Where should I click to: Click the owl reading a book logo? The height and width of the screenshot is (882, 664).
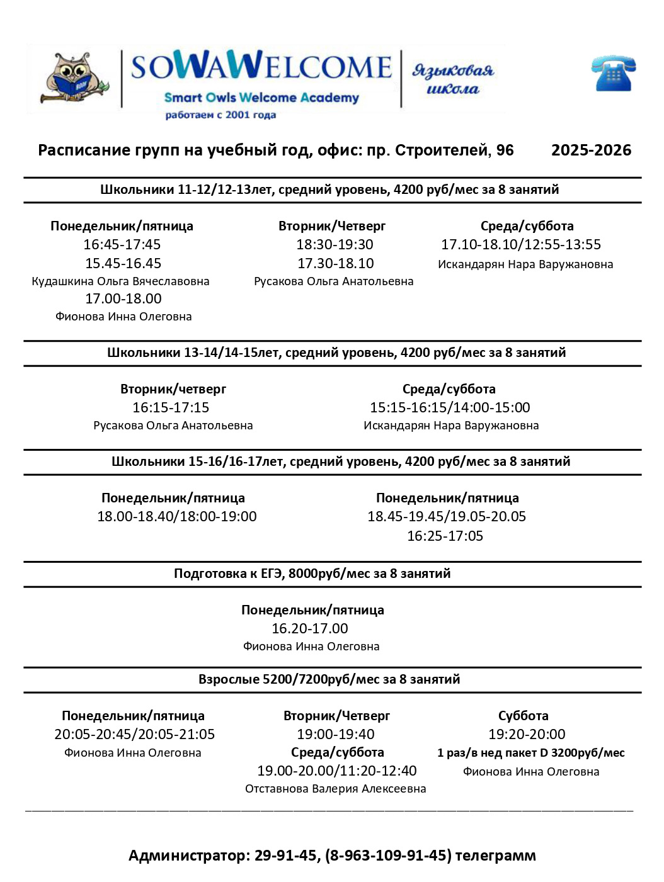point(75,79)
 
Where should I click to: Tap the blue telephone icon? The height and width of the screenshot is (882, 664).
point(613,74)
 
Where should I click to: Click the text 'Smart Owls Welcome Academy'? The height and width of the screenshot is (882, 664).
point(261,98)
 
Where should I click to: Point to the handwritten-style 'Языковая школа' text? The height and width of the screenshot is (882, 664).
point(453,79)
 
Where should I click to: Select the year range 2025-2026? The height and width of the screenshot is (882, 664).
point(591,150)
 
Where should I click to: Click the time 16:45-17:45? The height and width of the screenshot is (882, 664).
point(122,244)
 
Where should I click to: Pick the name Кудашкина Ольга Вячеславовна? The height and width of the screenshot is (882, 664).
point(120,281)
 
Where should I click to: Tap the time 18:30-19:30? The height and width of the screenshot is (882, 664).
point(335,244)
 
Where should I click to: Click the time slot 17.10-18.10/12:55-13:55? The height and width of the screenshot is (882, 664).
point(521,244)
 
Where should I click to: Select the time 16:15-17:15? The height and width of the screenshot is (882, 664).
point(171,407)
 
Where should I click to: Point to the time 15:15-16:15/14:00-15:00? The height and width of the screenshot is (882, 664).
point(450,407)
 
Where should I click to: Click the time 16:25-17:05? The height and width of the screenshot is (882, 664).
point(445,536)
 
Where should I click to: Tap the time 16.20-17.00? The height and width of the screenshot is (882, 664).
point(309,628)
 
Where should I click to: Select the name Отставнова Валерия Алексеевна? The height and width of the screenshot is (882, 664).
point(335,789)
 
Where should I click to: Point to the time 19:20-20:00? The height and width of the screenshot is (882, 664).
point(527,734)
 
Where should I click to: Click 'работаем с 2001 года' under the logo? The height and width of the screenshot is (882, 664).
point(220,115)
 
